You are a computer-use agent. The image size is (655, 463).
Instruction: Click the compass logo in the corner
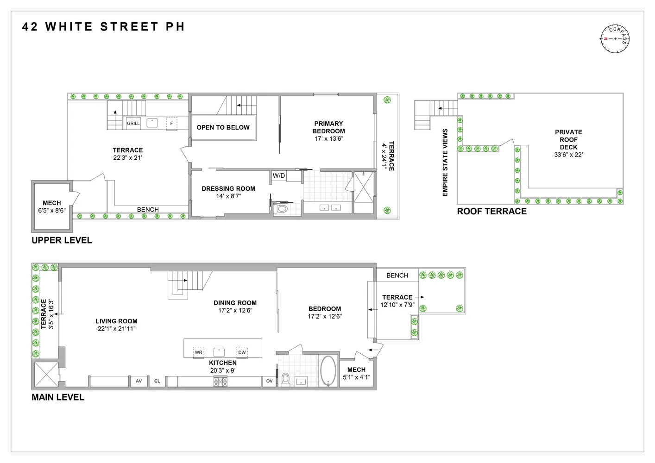(x=615, y=38)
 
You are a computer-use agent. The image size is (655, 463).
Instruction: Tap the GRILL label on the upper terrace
(x=133, y=124)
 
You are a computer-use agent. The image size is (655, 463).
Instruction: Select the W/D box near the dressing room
(x=279, y=176)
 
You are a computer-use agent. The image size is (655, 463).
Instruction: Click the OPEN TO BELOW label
(x=223, y=127)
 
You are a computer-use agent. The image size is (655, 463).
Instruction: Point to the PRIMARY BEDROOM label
(x=328, y=127)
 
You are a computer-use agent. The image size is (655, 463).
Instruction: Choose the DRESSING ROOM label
(x=228, y=188)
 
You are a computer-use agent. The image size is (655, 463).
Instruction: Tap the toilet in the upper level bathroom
(x=281, y=209)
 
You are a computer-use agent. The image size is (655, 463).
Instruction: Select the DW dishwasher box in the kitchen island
(x=242, y=352)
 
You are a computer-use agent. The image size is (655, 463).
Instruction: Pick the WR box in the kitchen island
(x=199, y=352)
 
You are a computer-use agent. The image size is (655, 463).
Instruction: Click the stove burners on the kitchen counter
(x=220, y=382)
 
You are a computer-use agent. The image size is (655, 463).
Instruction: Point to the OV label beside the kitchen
(x=270, y=381)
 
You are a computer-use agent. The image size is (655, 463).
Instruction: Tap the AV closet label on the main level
(x=139, y=381)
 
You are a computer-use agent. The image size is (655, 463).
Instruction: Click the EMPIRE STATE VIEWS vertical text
(x=445, y=163)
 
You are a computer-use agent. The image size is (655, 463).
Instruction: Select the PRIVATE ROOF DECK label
(x=568, y=139)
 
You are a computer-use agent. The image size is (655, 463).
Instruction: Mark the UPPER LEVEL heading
(x=62, y=240)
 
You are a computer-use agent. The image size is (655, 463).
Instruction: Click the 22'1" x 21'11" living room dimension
(x=116, y=329)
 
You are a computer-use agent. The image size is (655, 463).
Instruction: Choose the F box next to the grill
(x=171, y=124)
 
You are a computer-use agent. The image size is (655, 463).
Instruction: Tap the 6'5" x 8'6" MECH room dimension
(x=51, y=210)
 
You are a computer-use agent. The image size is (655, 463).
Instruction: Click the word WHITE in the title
(x=69, y=27)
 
